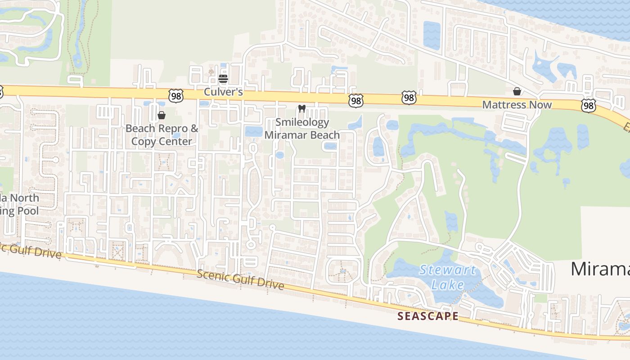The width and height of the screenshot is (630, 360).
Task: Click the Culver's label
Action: coord(223,92)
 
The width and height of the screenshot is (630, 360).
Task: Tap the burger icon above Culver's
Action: coord(223,79)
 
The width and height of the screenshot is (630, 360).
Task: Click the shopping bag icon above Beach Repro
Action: coord(162,115)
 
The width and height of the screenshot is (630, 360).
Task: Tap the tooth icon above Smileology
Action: coord(302,109)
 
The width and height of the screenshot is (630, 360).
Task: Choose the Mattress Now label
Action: coord(517,105)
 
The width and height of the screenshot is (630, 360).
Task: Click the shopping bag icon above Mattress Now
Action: coord(517,92)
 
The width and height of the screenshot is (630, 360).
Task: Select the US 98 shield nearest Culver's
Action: coord(176,95)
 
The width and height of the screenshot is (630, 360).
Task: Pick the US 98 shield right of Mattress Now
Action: coord(588,105)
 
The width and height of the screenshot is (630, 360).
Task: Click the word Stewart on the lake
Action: coord(447,270)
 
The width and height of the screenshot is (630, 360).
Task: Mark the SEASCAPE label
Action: coord(428,316)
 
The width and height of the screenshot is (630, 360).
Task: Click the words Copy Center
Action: coord(162,141)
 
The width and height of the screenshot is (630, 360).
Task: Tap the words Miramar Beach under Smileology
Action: coord(302,135)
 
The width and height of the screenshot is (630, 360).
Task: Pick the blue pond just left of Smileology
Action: coord(253,131)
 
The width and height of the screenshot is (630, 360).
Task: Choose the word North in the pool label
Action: coord(25,198)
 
